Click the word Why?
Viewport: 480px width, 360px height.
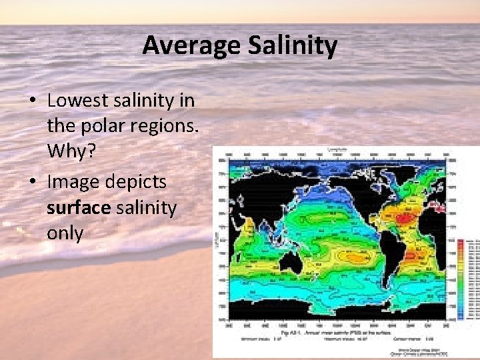tap(71, 152)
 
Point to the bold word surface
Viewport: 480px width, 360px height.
tap(78, 208)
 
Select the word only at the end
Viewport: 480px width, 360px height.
tap(65, 233)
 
